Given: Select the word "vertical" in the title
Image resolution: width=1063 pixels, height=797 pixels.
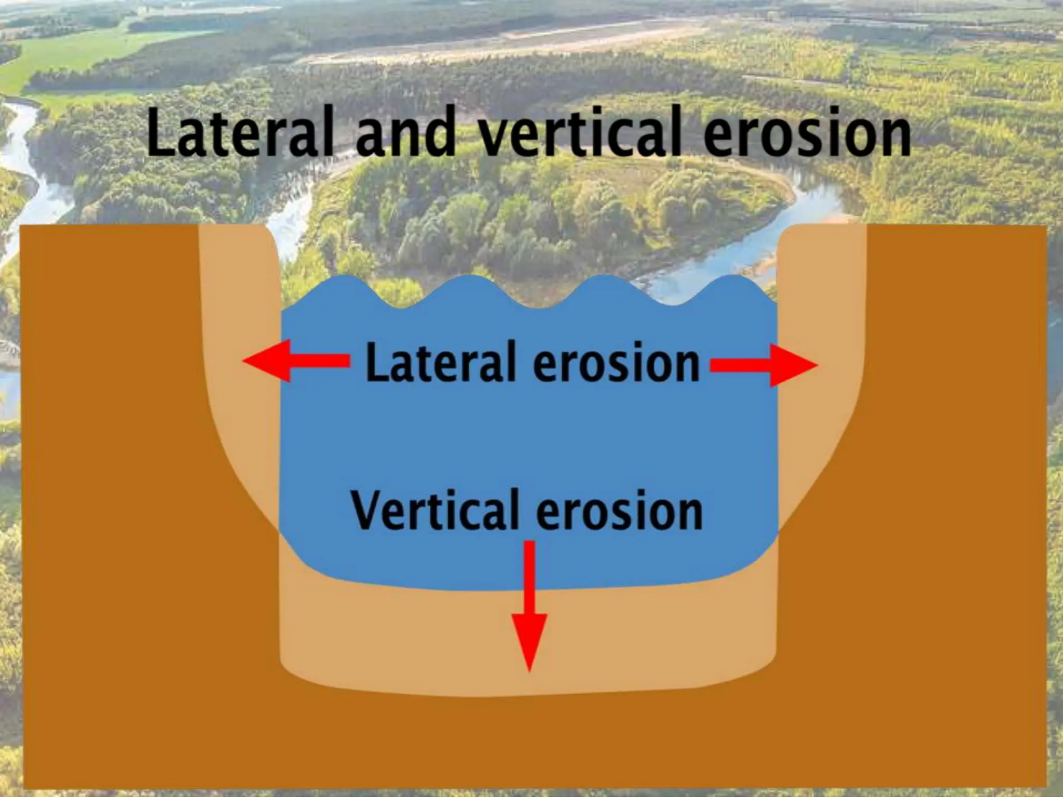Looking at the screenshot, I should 581,133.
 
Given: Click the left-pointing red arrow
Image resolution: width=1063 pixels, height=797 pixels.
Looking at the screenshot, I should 296,361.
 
